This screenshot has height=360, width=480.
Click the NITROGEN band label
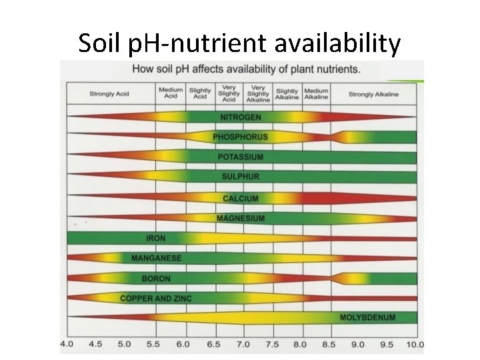(241, 117)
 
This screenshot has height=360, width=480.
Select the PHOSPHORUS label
(241, 137)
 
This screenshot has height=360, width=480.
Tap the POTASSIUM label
(241, 157)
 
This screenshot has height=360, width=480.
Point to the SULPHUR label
(241, 177)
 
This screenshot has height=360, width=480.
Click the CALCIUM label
(241, 199)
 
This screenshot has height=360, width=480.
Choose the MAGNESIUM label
(241, 219)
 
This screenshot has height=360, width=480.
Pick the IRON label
(156, 238)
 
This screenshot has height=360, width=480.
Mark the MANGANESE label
(156, 258)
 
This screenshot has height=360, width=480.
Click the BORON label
(156, 279)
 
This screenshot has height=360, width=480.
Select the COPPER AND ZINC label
(156, 299)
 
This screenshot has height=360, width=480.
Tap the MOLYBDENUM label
(368, 317)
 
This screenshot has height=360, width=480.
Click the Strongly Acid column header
(109, 94)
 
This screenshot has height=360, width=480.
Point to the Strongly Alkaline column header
(373, 94)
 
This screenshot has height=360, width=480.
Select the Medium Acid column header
(171, 93)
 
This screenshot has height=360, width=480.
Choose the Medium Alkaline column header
(316, 93)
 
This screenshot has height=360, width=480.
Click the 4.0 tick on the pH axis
(67, 345)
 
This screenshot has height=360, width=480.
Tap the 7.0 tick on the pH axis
(243, 345)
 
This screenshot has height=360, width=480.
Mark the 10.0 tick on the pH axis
(415, 345)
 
